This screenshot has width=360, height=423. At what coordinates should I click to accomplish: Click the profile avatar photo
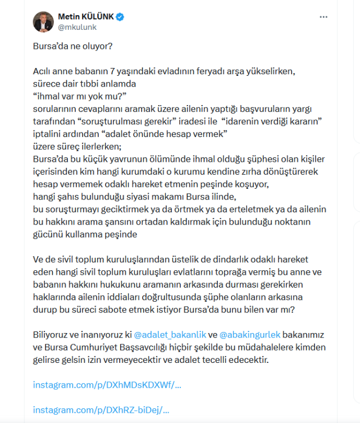43,21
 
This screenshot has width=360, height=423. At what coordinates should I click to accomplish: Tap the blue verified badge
120,17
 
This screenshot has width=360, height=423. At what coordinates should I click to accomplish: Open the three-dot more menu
323,17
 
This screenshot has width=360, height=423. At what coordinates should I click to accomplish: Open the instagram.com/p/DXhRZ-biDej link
101,410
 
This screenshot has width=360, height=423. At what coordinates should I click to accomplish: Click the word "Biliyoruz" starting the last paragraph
50,335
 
